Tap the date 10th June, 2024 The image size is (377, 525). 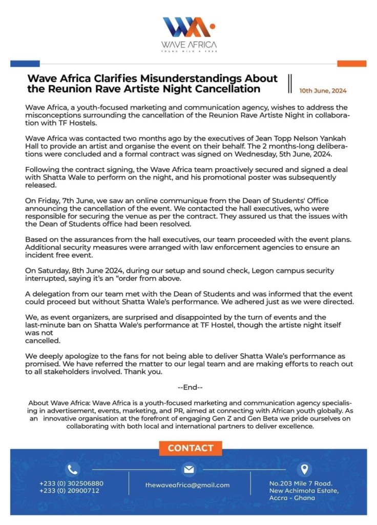pos(323,91)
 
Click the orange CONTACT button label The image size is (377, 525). pos(190,448)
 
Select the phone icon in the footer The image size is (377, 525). pos(72,469)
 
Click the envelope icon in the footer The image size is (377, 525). pos(188,469)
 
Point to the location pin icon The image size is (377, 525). pos(304,469)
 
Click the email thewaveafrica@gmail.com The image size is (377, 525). pos(187,485)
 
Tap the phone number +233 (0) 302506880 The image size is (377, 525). pos(71,483)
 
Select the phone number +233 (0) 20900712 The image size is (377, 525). pos(69,491)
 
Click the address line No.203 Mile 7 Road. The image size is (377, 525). pos(301,483)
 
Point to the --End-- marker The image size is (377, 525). pos(190,388)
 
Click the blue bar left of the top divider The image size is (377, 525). pos(25,64)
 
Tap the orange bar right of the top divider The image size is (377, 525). pos(352,64)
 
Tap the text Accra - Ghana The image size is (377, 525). pos(293,498)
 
